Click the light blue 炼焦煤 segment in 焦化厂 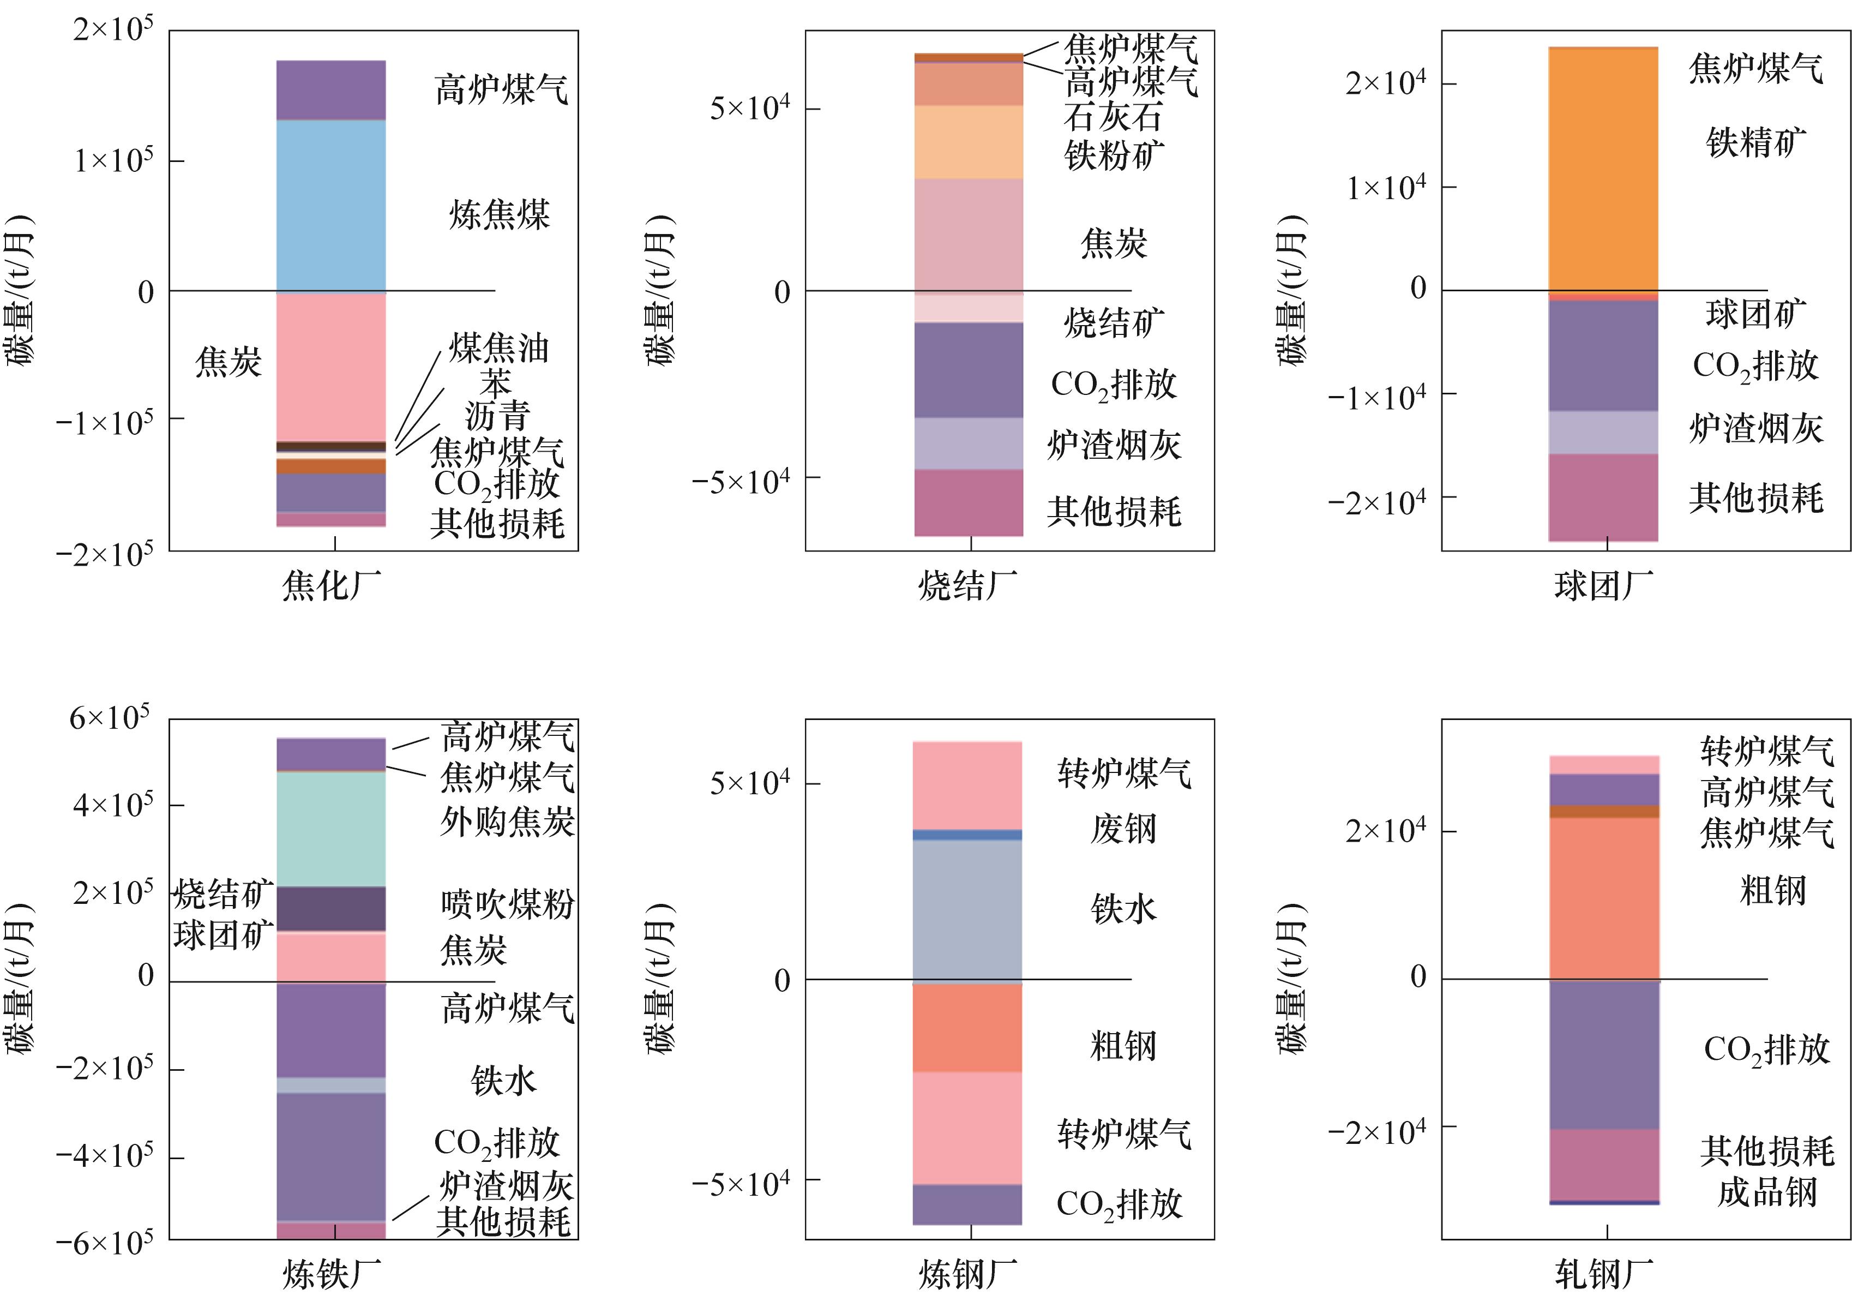click(330, 205)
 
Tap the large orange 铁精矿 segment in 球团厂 click(1603, 170)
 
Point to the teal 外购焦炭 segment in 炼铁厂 click(330, 829)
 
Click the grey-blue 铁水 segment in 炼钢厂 click(967, 912)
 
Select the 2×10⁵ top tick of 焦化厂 click(113, 31)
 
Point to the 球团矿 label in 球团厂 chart click(1756, 314)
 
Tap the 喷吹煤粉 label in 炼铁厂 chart click(507, 904)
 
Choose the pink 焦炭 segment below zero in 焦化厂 click(330, 367)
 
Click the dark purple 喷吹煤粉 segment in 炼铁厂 click(330, 909)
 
